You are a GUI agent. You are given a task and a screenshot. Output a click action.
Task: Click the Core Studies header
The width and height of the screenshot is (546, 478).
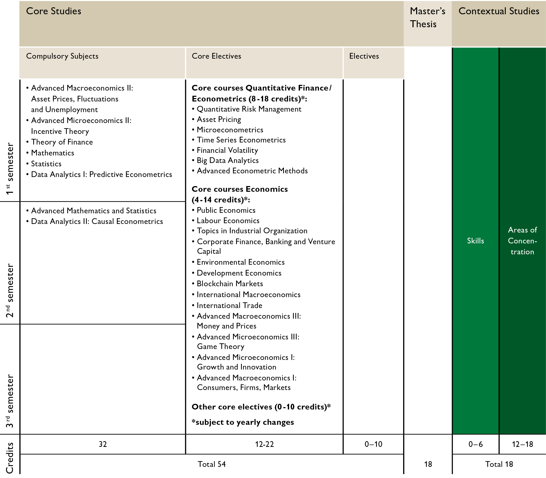pos(54,11)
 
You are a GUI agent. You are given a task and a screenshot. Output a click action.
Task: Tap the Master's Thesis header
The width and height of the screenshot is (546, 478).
pos(427,18)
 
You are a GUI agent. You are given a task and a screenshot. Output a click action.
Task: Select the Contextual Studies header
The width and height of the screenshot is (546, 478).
pos(498,11)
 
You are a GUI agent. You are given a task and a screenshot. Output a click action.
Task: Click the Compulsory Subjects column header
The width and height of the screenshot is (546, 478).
pos(62,56)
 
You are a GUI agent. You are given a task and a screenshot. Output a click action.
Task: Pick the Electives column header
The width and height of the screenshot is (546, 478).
pos(364,56)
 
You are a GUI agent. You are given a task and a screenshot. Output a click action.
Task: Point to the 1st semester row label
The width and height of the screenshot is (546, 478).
pos(10,169)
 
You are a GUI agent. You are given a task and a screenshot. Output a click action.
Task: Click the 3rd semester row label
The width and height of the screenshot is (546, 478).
pos(10,401)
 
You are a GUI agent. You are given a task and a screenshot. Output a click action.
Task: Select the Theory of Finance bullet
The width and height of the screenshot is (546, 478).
pos(62,142)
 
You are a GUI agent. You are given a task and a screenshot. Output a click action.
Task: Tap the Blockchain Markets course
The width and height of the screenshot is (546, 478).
pos(230,284)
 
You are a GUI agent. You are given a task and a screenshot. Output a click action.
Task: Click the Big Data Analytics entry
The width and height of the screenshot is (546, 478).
pos(228,160)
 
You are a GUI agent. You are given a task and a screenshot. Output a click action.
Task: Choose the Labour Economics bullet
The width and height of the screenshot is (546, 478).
pos(228,221)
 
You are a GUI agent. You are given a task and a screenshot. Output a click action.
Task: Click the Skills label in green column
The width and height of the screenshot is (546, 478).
pos(475,241)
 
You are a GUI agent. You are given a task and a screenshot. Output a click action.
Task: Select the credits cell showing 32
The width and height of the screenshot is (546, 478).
pos(103,444)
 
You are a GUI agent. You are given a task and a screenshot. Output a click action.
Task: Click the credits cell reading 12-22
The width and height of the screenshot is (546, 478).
pos(264,444)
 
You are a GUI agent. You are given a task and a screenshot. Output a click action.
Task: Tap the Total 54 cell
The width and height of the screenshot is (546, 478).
pos(211,464)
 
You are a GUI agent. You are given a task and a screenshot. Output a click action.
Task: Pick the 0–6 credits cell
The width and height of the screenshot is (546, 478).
pos(475,444)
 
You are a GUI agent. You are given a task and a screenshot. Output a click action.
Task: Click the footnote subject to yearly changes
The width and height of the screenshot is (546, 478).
pos(243,422)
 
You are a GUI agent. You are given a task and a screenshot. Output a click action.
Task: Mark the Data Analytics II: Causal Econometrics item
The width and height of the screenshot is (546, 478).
pos(97,221)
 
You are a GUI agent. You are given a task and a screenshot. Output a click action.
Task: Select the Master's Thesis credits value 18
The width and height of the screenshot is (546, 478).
pos(428,464)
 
